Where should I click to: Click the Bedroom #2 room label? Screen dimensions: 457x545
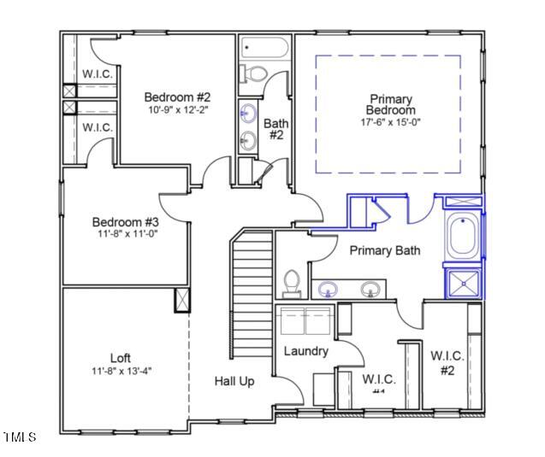coord(176,97)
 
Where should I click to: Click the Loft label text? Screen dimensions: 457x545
coord(121,357)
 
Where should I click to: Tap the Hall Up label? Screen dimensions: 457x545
coord(234,381)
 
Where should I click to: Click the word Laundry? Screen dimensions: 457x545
coord(305,351)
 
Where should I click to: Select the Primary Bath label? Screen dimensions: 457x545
coord(385,250)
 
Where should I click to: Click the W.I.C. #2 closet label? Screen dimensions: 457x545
coord(447,362)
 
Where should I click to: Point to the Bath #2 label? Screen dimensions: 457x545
coord(275,129)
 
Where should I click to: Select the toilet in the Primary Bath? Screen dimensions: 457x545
coord(291,282)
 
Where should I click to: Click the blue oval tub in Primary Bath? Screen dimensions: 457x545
coord(462,237)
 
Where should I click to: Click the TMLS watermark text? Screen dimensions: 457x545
coord(19,437)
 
